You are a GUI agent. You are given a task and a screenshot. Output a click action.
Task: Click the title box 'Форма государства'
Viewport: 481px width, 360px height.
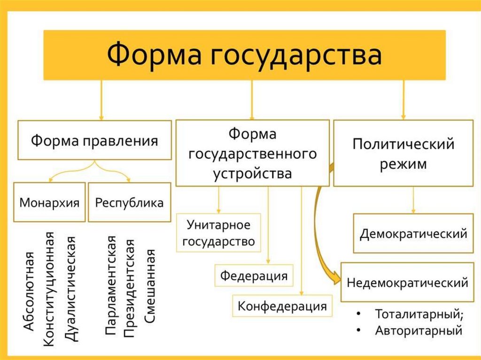click(244, 55)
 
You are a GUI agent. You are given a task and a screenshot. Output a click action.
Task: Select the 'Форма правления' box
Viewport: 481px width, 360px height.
click(95, 140)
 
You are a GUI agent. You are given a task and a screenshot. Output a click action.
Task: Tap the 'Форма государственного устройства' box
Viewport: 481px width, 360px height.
click(253, 153)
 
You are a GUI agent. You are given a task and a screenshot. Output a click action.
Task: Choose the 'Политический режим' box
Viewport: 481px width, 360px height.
click(403, 153)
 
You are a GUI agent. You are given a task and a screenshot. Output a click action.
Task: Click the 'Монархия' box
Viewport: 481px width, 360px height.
click(49, 202)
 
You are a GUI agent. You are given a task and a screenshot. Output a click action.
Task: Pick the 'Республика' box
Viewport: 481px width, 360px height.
click(129, 202)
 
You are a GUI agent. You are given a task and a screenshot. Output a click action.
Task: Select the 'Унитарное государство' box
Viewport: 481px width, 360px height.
click(218, 233)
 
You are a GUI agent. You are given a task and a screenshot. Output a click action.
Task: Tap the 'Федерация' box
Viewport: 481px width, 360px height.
click(254, 276)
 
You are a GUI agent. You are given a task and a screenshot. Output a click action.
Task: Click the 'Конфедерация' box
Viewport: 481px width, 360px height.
click(282, 306)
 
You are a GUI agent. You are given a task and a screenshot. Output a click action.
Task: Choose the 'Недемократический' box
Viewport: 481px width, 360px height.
click(407, 283)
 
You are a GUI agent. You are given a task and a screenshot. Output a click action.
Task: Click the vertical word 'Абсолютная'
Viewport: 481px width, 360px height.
click(29, 291)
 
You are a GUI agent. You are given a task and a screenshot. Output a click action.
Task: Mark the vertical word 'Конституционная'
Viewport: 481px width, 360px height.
click(50, 289)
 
